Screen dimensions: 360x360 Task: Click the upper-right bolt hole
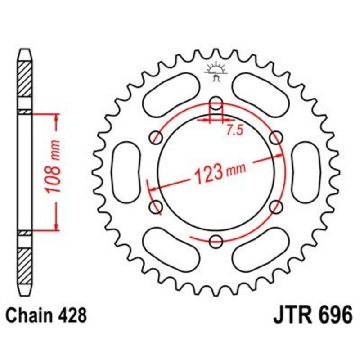276,137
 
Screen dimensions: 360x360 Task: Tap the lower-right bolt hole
276,207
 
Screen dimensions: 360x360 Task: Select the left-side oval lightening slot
126,171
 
